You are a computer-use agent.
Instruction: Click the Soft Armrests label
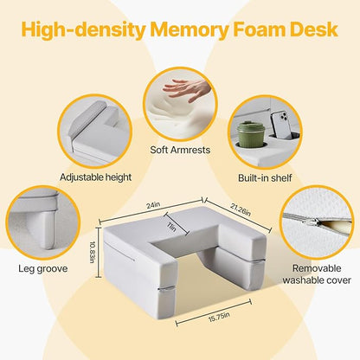(180, 150)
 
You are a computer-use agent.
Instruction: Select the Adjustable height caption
(95, 177)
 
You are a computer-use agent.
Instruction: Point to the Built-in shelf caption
(265, 177)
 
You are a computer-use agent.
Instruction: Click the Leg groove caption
(43, 269)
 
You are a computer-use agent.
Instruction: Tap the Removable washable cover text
(317, 274)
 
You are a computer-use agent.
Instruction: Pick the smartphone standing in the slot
(281, 124)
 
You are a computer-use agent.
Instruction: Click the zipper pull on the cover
(313, 222)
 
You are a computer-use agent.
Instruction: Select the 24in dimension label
(153, 206)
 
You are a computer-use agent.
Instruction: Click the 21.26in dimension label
(240, 209)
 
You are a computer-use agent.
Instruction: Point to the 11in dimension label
(172, 228)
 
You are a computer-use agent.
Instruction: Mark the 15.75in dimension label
(219, 317)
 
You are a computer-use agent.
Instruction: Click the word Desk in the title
(314, 29)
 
